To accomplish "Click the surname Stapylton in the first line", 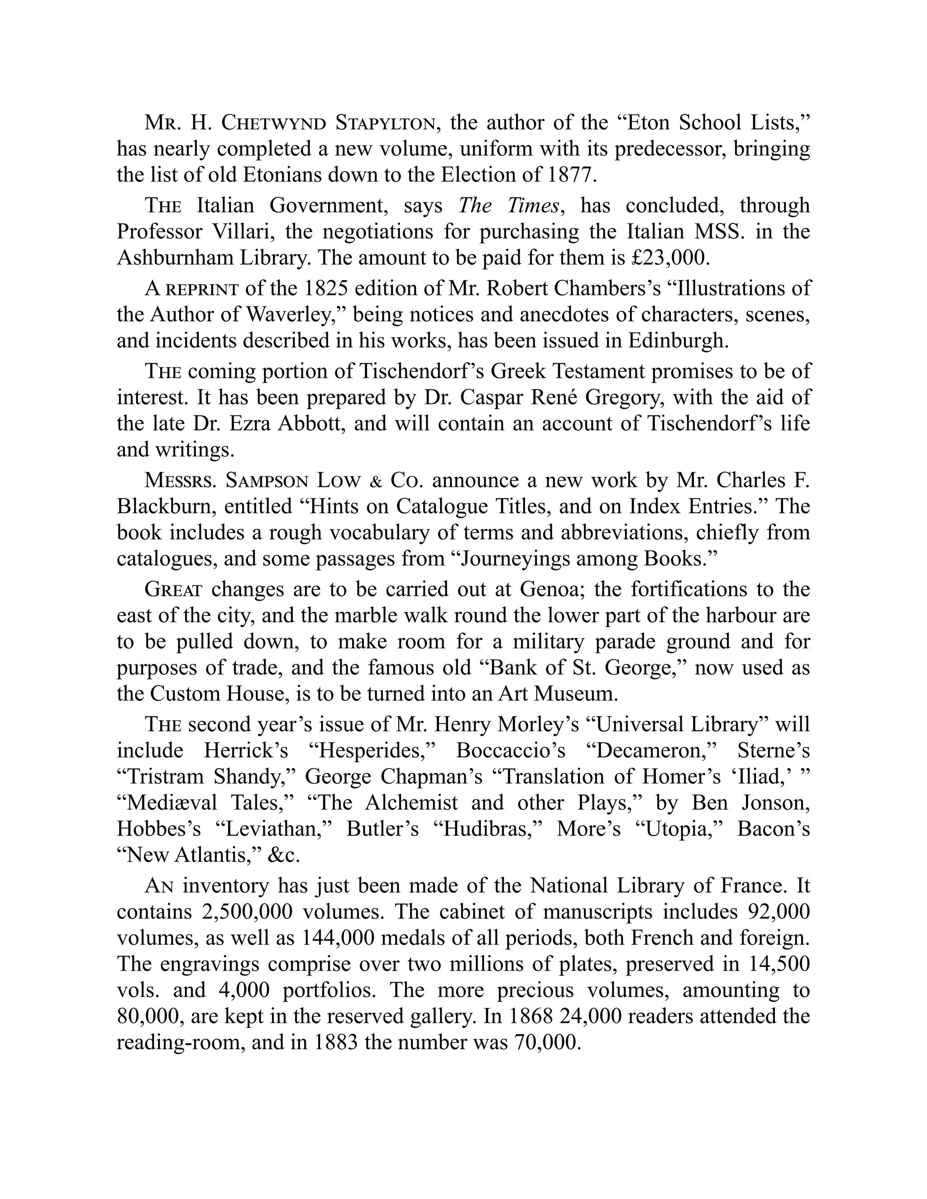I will tap(386, 123).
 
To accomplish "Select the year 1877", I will tap(571, 175).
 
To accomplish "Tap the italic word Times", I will tap(533, 206).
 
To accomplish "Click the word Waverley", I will tap(293, 314).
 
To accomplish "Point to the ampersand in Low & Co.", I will tap(376, 481).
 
